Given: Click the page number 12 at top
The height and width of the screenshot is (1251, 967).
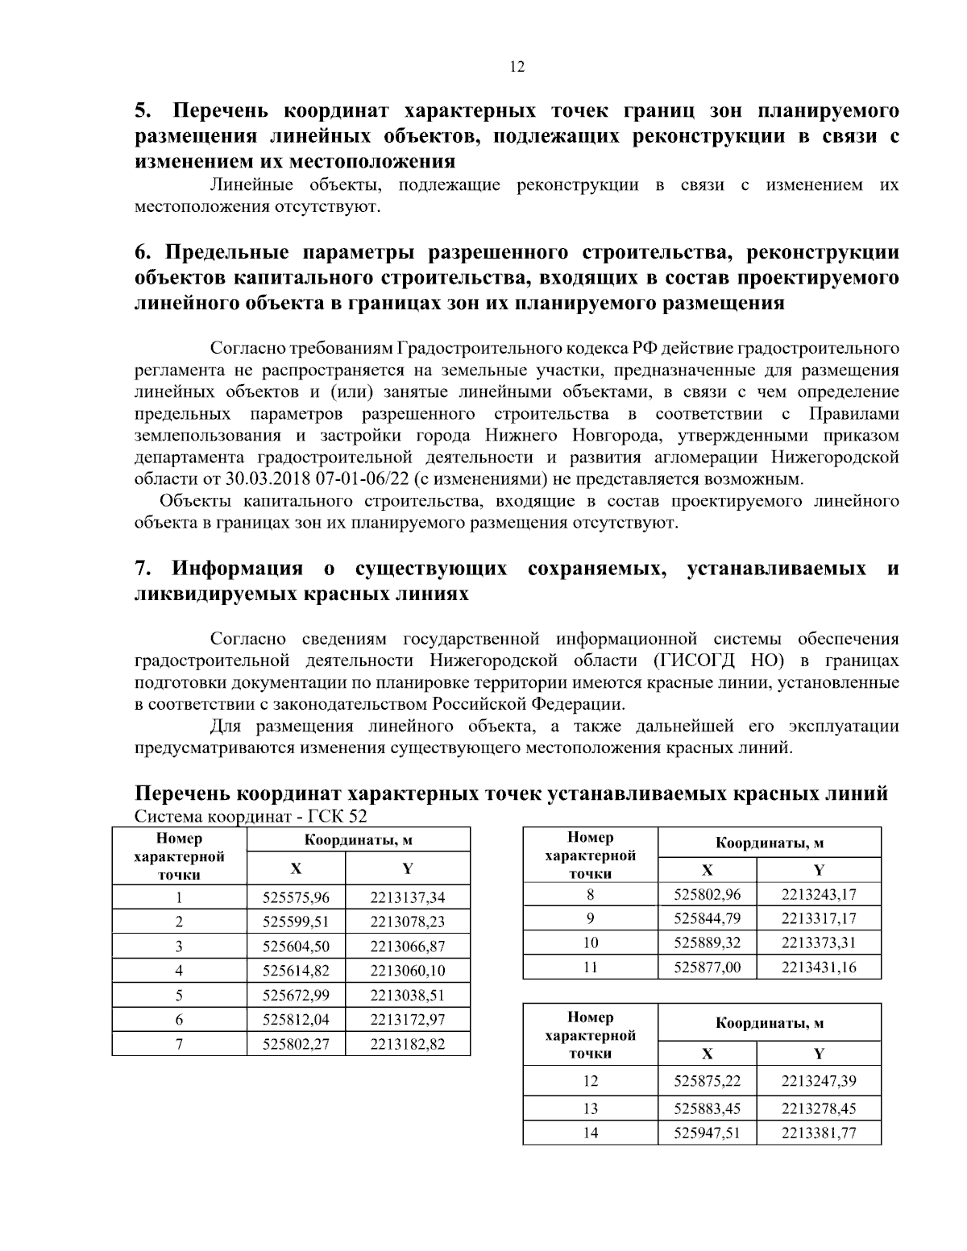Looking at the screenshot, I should click(517, 67).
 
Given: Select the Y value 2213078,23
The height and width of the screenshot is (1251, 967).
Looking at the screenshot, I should click(407, 922).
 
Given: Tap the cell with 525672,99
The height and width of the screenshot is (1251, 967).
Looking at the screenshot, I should click(296, 995).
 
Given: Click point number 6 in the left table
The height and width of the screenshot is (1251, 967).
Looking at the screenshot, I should click(179, 1020).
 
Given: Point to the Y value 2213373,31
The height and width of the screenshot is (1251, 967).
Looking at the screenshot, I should click(818, 942).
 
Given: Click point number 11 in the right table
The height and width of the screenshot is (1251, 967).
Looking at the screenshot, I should click(590, 967).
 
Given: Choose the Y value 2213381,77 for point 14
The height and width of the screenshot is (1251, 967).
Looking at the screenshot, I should click(818, 1133).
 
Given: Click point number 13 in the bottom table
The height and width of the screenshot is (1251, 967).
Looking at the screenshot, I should click(590, 1108).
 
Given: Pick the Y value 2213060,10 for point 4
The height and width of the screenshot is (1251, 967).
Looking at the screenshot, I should click(407, 971).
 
